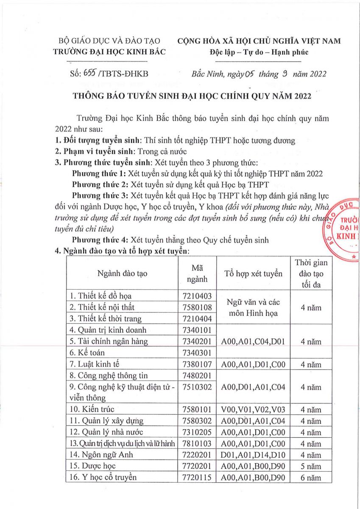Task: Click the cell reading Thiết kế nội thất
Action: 102,307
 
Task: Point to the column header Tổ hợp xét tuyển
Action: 254,274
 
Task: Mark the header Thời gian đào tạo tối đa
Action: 308,274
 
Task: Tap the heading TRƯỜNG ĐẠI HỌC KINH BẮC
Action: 109,52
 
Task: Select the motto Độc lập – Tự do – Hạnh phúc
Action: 259,52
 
